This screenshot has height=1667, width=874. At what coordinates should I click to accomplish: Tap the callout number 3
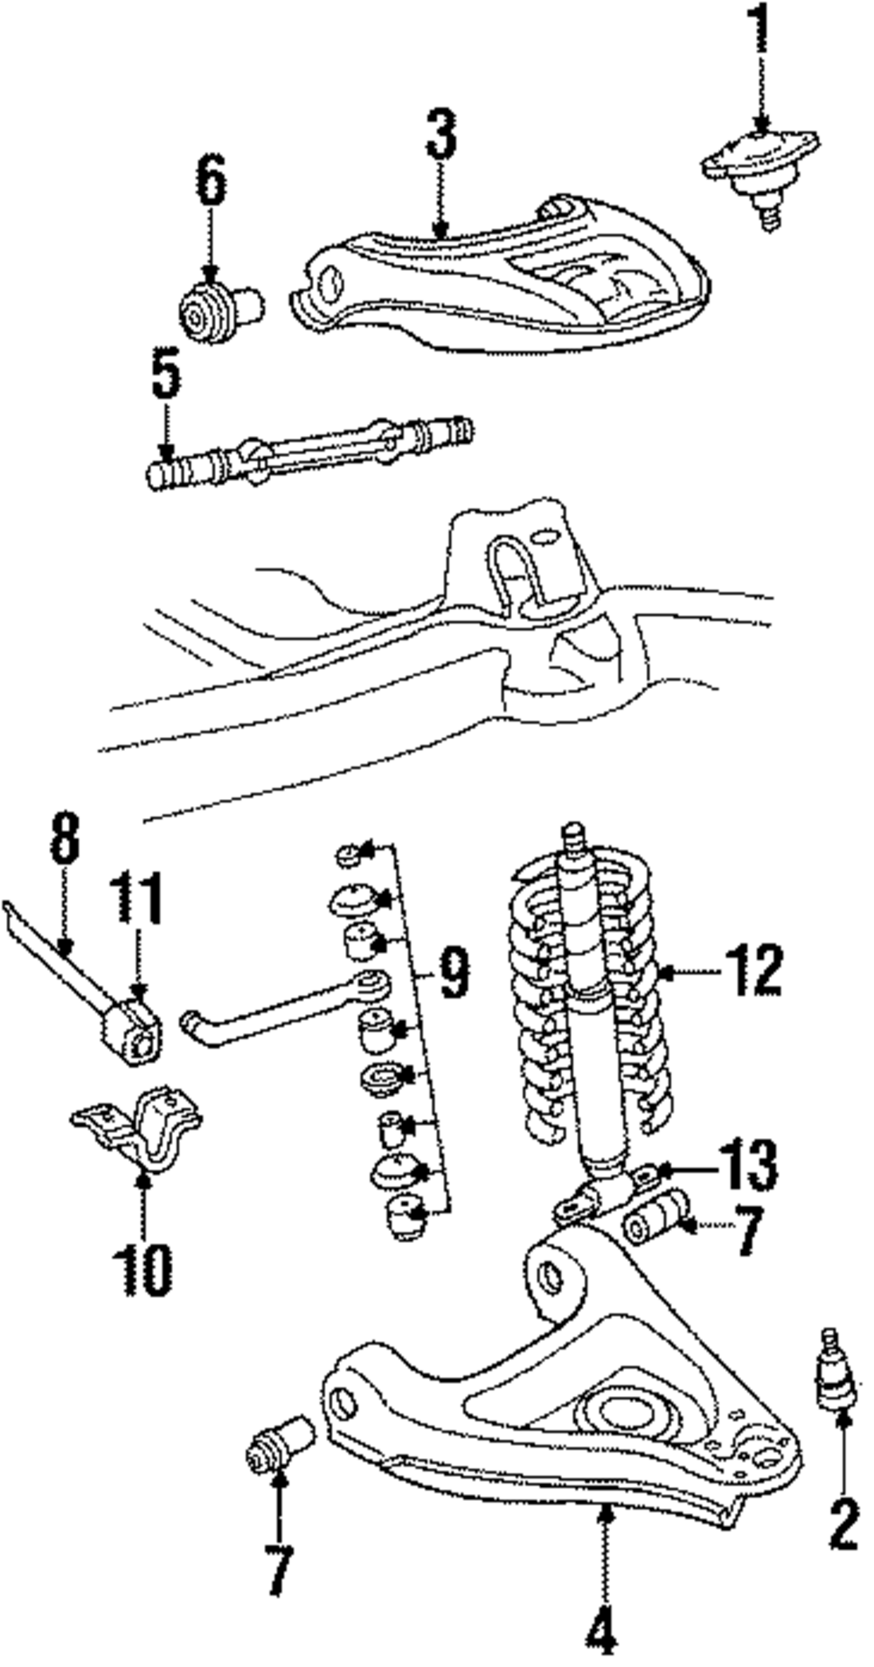point(441,134)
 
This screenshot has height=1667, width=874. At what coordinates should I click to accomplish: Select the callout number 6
point(210,181)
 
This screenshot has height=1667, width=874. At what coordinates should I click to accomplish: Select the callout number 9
point(454,973)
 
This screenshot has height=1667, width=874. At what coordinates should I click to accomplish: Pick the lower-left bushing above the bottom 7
point(278,1442)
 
